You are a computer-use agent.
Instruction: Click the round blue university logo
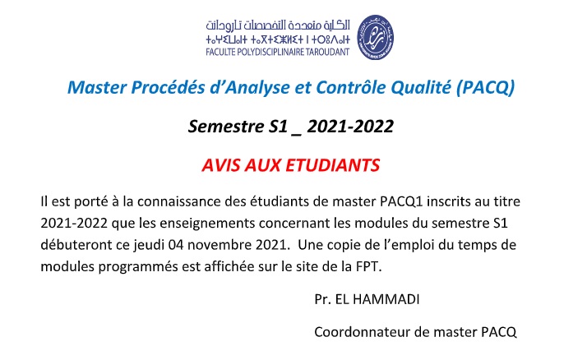tap(375, 38)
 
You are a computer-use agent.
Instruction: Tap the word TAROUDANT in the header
tap(327, 52)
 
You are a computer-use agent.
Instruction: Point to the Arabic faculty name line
tap(278, 25)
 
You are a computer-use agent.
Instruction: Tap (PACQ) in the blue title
tap(486, 88)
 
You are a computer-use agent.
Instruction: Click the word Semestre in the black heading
tap(226, 126)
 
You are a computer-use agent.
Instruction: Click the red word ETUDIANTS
tap(333, 165)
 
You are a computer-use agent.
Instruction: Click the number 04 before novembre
tap(176, 245)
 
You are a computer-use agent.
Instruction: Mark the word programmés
tap(138, 267)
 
